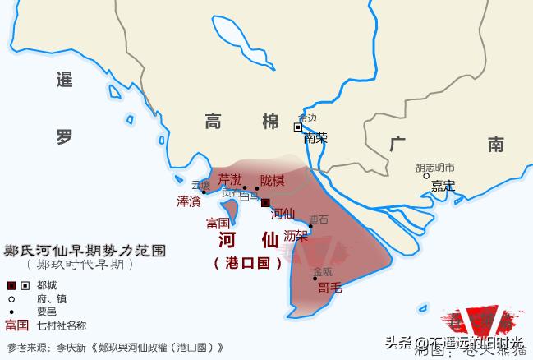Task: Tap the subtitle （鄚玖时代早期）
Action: [78, 265]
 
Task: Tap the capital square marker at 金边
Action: [298, 127]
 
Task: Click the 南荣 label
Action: [315, 138]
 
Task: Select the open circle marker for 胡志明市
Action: [426, 175]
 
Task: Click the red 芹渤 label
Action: [230, 179]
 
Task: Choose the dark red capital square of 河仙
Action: [265, 203]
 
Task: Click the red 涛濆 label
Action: [188, 201]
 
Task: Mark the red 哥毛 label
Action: [329, 287]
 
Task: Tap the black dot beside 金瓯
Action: [315, 279]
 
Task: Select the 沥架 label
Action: [296, 236]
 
